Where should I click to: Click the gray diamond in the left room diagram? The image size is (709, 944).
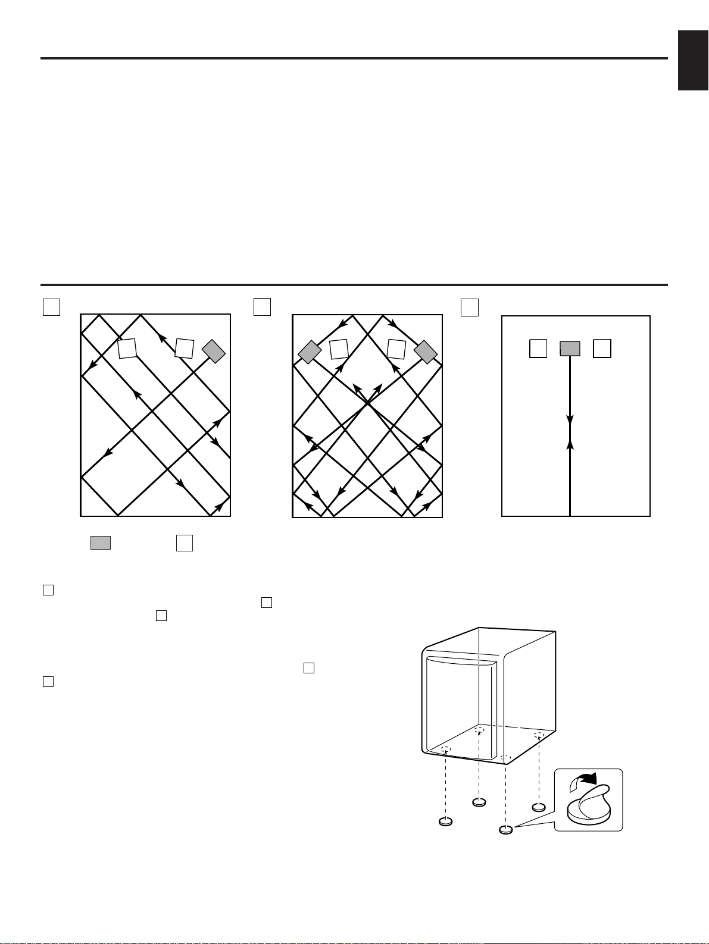click(214, 352)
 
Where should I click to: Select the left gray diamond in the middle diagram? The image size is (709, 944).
click(310, 352)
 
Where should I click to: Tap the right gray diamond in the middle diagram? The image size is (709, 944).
click(426, 352)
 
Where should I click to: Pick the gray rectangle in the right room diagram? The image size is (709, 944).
click(570, 349)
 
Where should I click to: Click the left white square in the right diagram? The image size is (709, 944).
click(538, 349)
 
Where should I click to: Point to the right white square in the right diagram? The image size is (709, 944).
click(602, 349)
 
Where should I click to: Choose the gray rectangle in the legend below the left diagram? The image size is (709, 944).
click(101, 542)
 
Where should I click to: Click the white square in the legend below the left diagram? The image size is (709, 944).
click(185, 542)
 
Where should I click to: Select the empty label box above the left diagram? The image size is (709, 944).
click(52, 306)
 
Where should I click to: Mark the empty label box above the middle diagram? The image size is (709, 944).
click(262, 306)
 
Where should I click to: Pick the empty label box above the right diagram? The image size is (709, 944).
click(470, 307)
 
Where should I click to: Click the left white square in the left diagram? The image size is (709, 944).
click(127, 349)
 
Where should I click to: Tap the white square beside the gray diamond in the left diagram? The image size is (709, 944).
click(185, 349)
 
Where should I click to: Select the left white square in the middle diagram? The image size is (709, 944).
click(339, 349)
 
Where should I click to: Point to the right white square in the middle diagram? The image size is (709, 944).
click(396, 349)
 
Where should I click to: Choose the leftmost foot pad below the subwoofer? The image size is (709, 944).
click(445, 821)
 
